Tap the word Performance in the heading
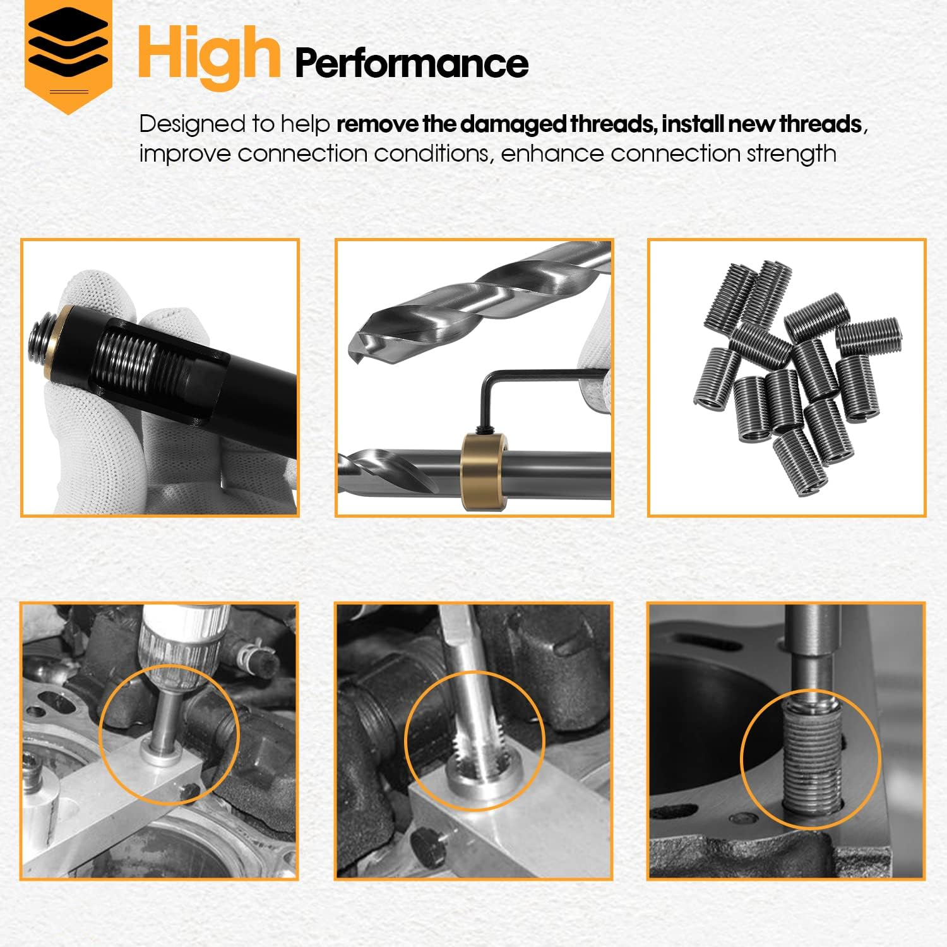pyautogui.click(x=411, y=63)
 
